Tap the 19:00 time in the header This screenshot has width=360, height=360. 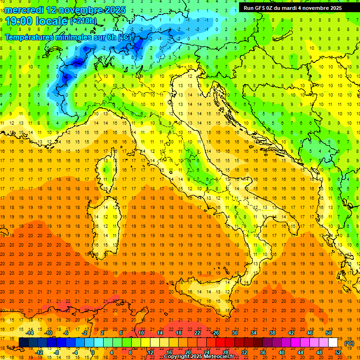pyautogui.click(x=19, y=21)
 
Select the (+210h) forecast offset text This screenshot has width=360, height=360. pyautogui.click(x=83, y=21)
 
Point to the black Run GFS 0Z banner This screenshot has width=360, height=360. pyautogui.click(x=292, y=8)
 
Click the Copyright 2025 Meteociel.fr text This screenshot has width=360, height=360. pyautogui.click(x=199, y=357)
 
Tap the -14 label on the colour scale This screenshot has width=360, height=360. pyautogui.click(x=30, y=332)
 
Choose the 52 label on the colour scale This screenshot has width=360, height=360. pyautogui.click(x=338, y=352)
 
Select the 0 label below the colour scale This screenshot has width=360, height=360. pyautogui.click(x=92, y=352)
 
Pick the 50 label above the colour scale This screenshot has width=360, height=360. pyautogui.click(x=328, y=332)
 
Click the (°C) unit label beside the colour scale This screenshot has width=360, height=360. pyautogui.click(x=349, y=343)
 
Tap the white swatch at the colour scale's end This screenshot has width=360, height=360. pyautogui.click(x=333, y=343)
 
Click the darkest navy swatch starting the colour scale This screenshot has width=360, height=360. pyautogui.click(x=23, y=343)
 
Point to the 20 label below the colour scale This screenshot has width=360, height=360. pyautogui.click(x=188, y=352)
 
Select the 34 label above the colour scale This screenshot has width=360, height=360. pyautogui.click(x=253, y=332)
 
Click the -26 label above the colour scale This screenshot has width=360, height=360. pyautogui.click(x=215, y=332)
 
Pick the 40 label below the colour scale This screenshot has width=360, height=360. pyautogui.click(x=282, y=352)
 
